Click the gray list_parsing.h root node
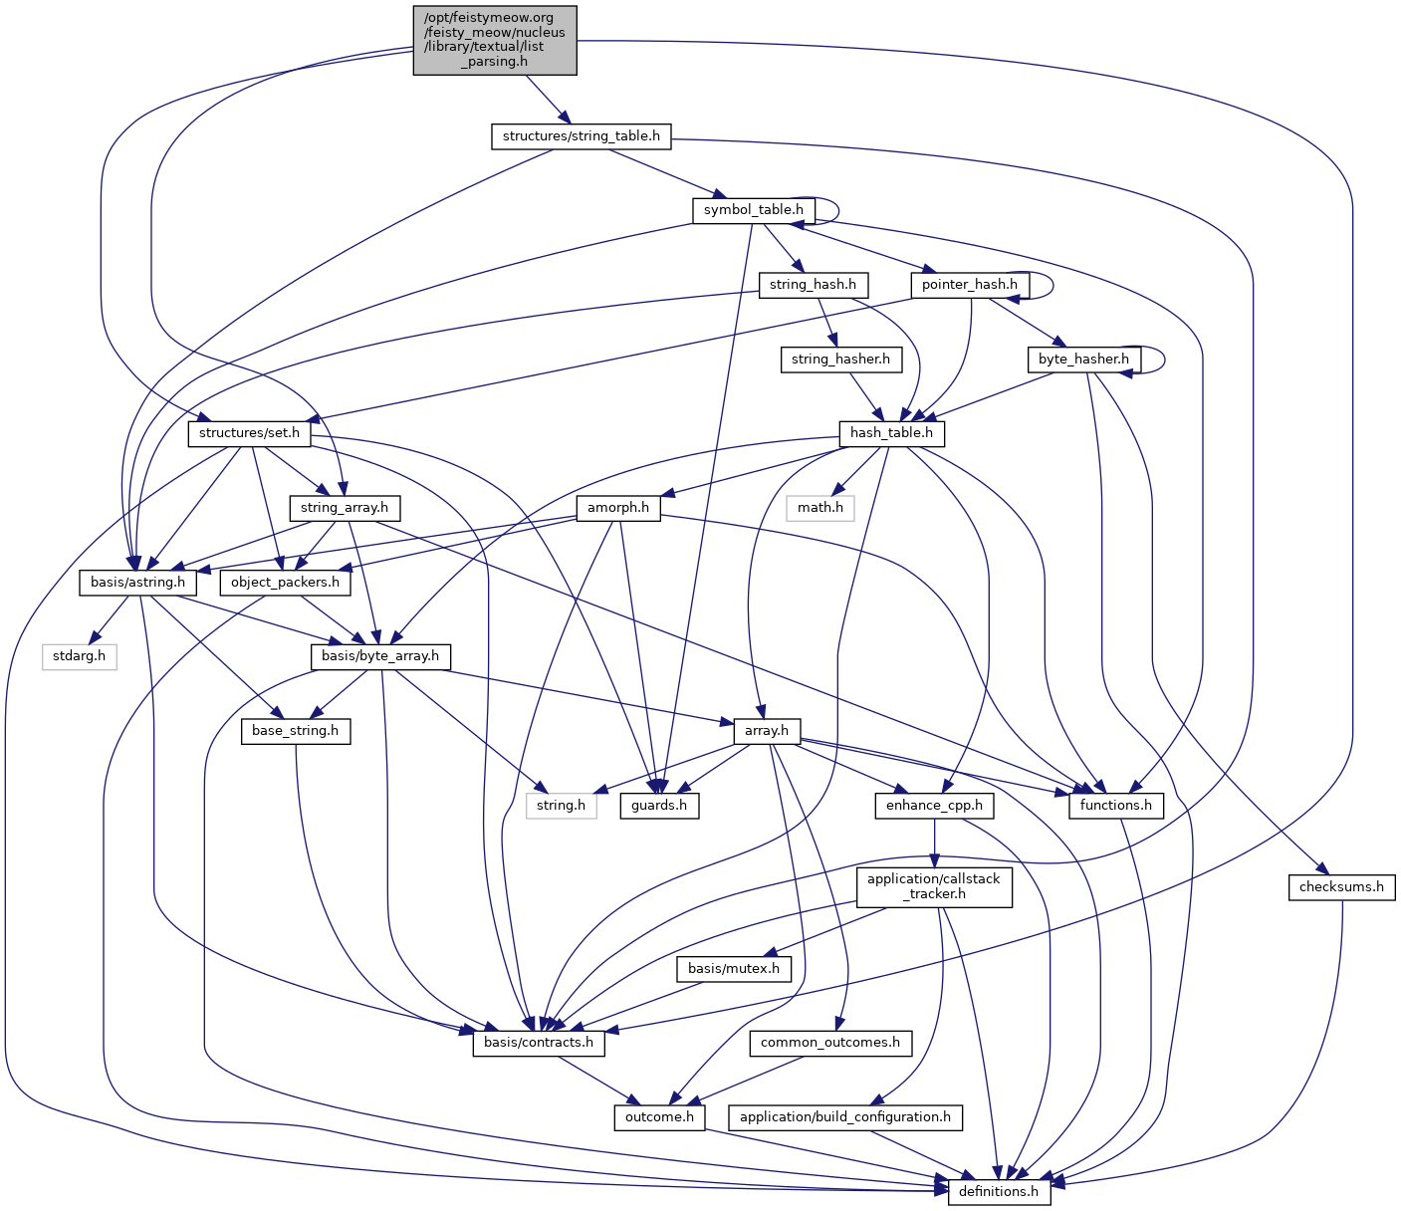click(495, 40)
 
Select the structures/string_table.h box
click(581, 136)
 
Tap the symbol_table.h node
click(753, 210)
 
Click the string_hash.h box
click(813, 285)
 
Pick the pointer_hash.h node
click(969, 285)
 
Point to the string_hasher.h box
click(840, 360)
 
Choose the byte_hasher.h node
click(1083, 360)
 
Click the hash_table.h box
click(891, 433)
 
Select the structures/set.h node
click(249, 433)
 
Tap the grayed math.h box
click(819, 508)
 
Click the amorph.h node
click(617, 508)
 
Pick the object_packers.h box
click(285, 583)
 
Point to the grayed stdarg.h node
click(80, 657)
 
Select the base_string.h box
click(295, 731)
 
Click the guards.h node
click(659, 806)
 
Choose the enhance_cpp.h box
click(934, 806)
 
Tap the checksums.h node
click(1341, 887)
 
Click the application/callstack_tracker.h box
click(933, 886)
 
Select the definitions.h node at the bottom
click(999, 1192)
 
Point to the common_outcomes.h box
click(829, 1044)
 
